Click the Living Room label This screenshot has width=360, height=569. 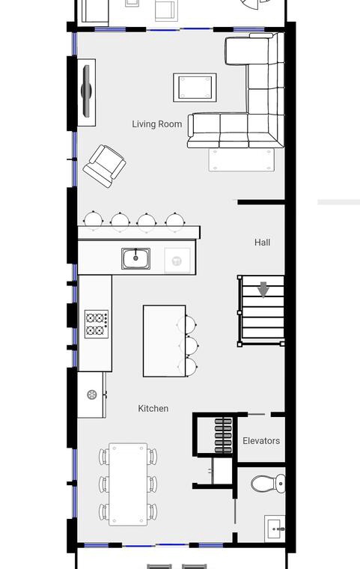tap(156, 124)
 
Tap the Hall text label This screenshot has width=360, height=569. tap(262, 243)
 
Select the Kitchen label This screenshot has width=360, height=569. tap(153, 409)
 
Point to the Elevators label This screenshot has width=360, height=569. tap(261, 441)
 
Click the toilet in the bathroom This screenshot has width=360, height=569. tap(268, 484)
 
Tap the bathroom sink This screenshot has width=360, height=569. tap(275, 529)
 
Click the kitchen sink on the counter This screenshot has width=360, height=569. tap(135, 258)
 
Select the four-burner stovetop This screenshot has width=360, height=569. tap(97, 324)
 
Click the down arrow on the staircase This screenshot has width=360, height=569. tap(263, 290)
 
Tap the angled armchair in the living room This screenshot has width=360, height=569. tap(105, 166)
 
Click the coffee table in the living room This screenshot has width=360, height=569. tap(195, 88)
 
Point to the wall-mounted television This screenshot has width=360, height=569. tap(86, 91)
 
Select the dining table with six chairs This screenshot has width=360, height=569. tap(128, 484)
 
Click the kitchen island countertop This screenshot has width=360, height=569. tap(165, 341)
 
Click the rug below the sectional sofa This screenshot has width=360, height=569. tap(241, 159)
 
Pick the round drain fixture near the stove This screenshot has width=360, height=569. tap(92, 395)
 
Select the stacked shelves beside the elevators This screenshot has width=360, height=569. tap(223, 436)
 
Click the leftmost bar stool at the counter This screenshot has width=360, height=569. tap(94, 219)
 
